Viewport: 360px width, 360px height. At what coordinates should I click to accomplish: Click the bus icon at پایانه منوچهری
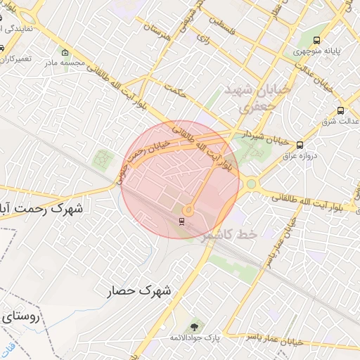317,41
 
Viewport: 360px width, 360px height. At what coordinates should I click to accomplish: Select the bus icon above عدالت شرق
341,110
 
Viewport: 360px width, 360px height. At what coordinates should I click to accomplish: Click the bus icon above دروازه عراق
300,145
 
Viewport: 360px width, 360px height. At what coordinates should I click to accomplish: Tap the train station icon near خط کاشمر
182,222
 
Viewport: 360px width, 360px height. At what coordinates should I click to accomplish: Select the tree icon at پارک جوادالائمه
194,327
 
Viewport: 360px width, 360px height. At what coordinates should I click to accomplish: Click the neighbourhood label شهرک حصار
141,290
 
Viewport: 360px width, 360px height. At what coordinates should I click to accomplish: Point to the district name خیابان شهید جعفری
247,98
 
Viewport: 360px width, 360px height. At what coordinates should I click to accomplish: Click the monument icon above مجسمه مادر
65,52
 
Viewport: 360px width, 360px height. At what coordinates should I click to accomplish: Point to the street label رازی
204,40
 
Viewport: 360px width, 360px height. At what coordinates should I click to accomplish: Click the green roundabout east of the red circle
251,184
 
